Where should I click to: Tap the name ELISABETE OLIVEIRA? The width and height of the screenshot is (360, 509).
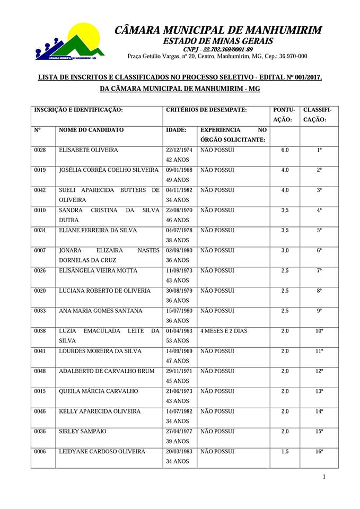tap(89, 150)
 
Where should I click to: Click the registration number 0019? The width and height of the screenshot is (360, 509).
tap(40, 170)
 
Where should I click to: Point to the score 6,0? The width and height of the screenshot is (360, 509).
tap(285, 150)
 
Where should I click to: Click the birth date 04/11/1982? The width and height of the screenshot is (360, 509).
tap(179, 190)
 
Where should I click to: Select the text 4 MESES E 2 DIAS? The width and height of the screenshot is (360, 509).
tap(224, 331)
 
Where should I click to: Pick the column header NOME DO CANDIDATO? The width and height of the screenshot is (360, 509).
tap(91, 130)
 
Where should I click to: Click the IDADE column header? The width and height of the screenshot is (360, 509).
tap(176, 130)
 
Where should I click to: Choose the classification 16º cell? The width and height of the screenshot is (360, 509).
tap(319, 451)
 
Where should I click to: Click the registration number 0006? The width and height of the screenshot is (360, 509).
tap(40, 451)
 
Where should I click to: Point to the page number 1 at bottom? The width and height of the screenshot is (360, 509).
tap(324, 477)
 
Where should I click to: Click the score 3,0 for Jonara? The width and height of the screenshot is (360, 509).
tap(285, 250)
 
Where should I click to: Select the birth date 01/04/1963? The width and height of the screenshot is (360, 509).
tap(179, 331)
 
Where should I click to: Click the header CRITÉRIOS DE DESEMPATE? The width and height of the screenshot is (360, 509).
tap(206, 110)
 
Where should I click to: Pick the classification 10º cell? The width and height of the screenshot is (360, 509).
tap(319, 331)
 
